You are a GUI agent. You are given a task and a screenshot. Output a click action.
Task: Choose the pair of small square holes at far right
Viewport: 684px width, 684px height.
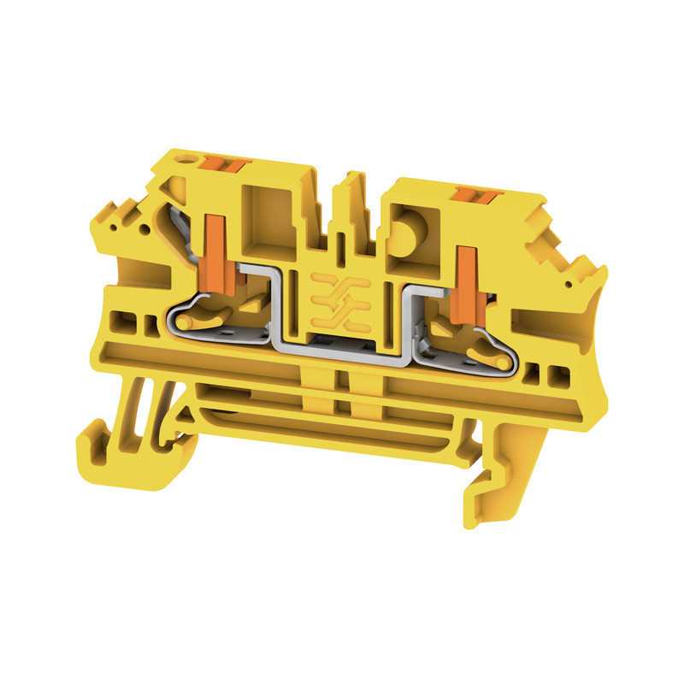548,374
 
